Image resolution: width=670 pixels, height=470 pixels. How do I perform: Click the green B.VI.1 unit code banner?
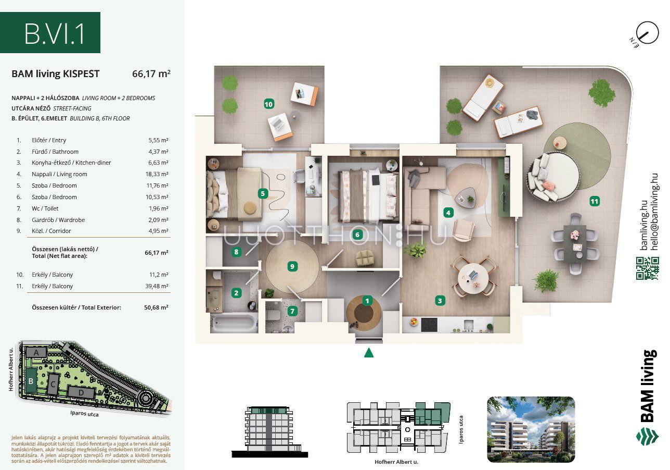click(x=50, y=32)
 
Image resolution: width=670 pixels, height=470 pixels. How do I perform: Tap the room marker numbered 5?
click(x=263, y=193)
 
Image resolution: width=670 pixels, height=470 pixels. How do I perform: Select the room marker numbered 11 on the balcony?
click(x=595, y=201)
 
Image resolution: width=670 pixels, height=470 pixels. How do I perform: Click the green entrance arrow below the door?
click(x=369, y=353)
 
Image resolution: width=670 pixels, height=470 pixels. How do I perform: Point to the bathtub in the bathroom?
click(x=234, y=323)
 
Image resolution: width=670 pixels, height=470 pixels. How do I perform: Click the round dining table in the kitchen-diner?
click(x=473, y=278)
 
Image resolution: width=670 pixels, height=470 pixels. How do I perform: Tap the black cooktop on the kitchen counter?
click(x=429, y=325)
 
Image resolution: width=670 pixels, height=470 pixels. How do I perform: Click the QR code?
click(x=648, y=268)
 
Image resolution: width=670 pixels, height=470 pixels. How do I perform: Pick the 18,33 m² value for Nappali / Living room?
click(x=157, y=174)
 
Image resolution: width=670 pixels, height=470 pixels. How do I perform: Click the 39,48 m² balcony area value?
click(x=157, y=286)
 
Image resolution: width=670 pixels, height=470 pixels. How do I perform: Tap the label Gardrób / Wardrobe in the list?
click(x=58, y=220)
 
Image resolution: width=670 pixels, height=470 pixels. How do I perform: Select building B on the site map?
click(x=31, y=381)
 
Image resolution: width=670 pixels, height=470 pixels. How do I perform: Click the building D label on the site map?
click(x=81, y=392)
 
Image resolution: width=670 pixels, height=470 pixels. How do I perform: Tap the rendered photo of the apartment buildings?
click(x=531, y=429)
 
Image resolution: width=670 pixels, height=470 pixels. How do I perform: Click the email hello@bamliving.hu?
click(x=654, y=212)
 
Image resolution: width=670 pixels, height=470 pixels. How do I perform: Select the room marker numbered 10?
click(x=268, y=104)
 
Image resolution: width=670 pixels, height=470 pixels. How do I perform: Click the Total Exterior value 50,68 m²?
click(x=156, y=307)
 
